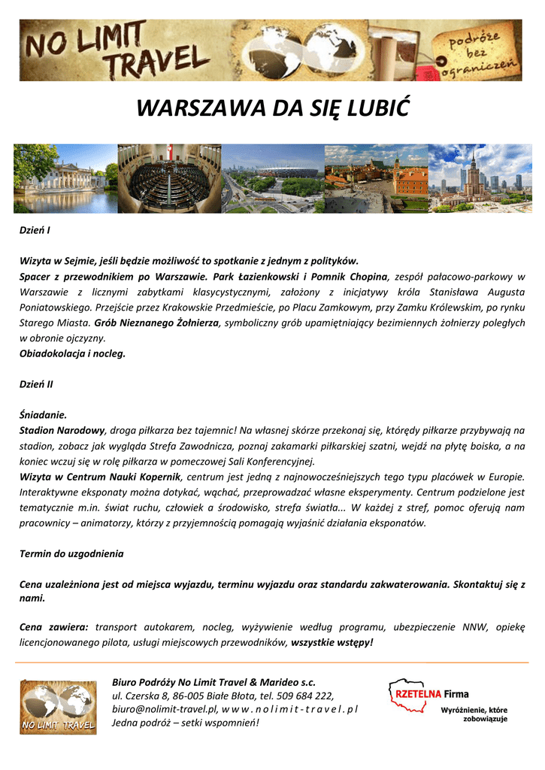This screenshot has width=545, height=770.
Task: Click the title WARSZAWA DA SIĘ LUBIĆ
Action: click(272, 109)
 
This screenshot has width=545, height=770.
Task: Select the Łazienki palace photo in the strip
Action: click(65, 179)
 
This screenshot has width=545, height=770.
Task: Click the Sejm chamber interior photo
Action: click(169, 179)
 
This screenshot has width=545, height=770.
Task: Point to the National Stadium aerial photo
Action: click(273, 179)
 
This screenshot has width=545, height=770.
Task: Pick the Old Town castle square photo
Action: click(376, 179)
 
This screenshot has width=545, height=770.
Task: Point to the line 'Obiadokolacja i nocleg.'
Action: click(72, 353)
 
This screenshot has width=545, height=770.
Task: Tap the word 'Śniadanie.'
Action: click(43, 414)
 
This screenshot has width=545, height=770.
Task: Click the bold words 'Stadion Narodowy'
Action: click(62, 430)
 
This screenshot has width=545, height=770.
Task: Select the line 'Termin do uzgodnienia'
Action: click(71, 553)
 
